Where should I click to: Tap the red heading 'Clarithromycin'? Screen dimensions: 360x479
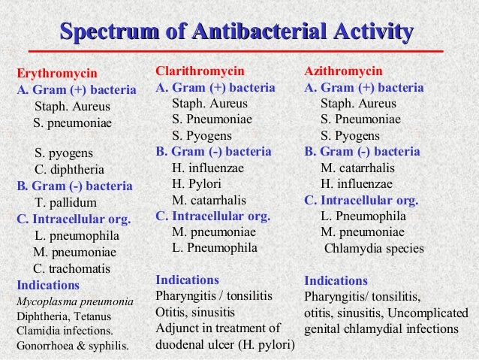coord(200,71)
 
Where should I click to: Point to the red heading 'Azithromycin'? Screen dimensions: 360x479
coord(343,71)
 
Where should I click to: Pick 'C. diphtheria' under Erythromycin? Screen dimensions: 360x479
coord(70,170)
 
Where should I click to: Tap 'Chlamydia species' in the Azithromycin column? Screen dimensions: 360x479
coord(374,248)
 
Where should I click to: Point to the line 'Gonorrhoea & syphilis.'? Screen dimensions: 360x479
coord(72,346)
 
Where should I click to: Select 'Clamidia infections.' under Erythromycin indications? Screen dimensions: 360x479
coord(66,331)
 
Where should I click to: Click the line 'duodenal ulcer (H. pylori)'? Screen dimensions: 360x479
coord(224,346)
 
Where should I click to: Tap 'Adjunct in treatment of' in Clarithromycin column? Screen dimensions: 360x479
coord(217,328)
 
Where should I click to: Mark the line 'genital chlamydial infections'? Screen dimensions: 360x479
coord(381,329)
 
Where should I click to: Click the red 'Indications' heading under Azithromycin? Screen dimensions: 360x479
coord(336,280)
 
